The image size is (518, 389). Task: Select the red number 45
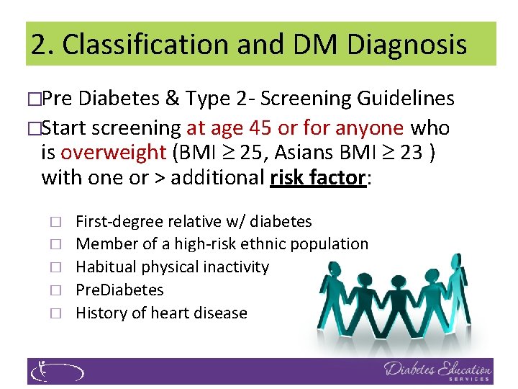click(261, 128)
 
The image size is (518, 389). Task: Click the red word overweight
click(114, 153)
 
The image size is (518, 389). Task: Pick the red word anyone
click(370, 128)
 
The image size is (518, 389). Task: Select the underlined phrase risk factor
click(318, 177)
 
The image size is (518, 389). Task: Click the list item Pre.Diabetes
click(119, 290)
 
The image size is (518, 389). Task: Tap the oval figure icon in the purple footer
click(56, 371)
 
